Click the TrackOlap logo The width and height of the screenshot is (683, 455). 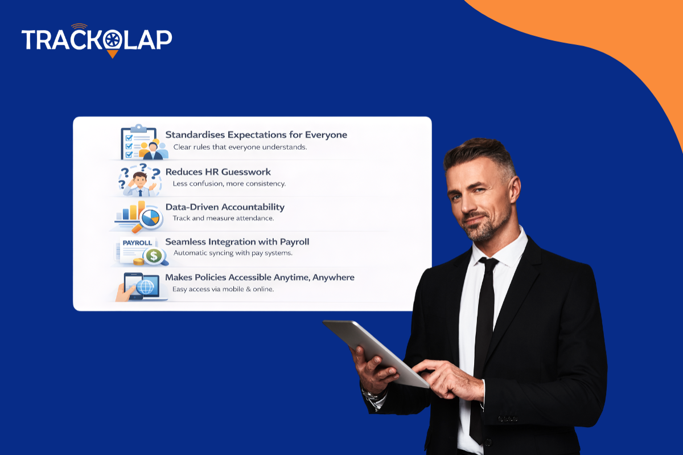[x=97, y=40]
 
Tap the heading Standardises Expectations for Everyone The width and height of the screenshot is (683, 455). [x=256, y=135]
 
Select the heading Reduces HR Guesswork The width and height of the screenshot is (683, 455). [x=218, y=171]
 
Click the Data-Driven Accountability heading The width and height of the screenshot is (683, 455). [x=225, y=207]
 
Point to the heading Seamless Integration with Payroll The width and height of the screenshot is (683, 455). [x=237, y=241]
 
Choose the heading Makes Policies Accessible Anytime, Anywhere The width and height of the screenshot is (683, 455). [x=260, y=277]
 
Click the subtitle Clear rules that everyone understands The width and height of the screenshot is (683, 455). [x=240, y=147]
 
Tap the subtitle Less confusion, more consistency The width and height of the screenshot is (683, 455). [x=229, y=183]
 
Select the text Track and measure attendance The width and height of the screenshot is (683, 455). [x=223, y=218]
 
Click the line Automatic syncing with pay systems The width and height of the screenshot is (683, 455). [x=233, y=253]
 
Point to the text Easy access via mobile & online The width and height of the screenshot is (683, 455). [x=223, y=289]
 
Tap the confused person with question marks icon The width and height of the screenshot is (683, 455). [x=139, y=179]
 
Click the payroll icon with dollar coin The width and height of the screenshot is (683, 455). [x=142, y=251]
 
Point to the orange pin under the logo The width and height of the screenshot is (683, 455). [x=113, y=54]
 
